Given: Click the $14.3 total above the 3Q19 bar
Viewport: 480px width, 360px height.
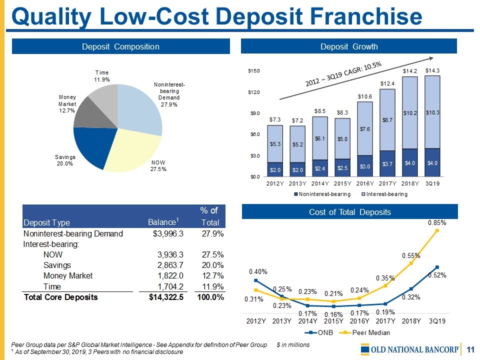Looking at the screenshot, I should tap(432, 70).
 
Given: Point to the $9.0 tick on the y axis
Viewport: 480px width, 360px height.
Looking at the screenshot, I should tap(255, 113).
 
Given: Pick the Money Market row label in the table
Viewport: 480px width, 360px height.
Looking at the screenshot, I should tap(68, 275).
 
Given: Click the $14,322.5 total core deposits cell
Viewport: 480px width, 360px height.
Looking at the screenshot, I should tap(163, 297).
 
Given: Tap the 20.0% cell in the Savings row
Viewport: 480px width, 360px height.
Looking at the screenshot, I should tap(212, 265).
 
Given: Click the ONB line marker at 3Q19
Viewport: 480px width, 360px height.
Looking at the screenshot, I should tap(437, 267).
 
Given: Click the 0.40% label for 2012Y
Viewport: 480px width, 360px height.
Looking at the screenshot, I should tap(258, 271).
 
